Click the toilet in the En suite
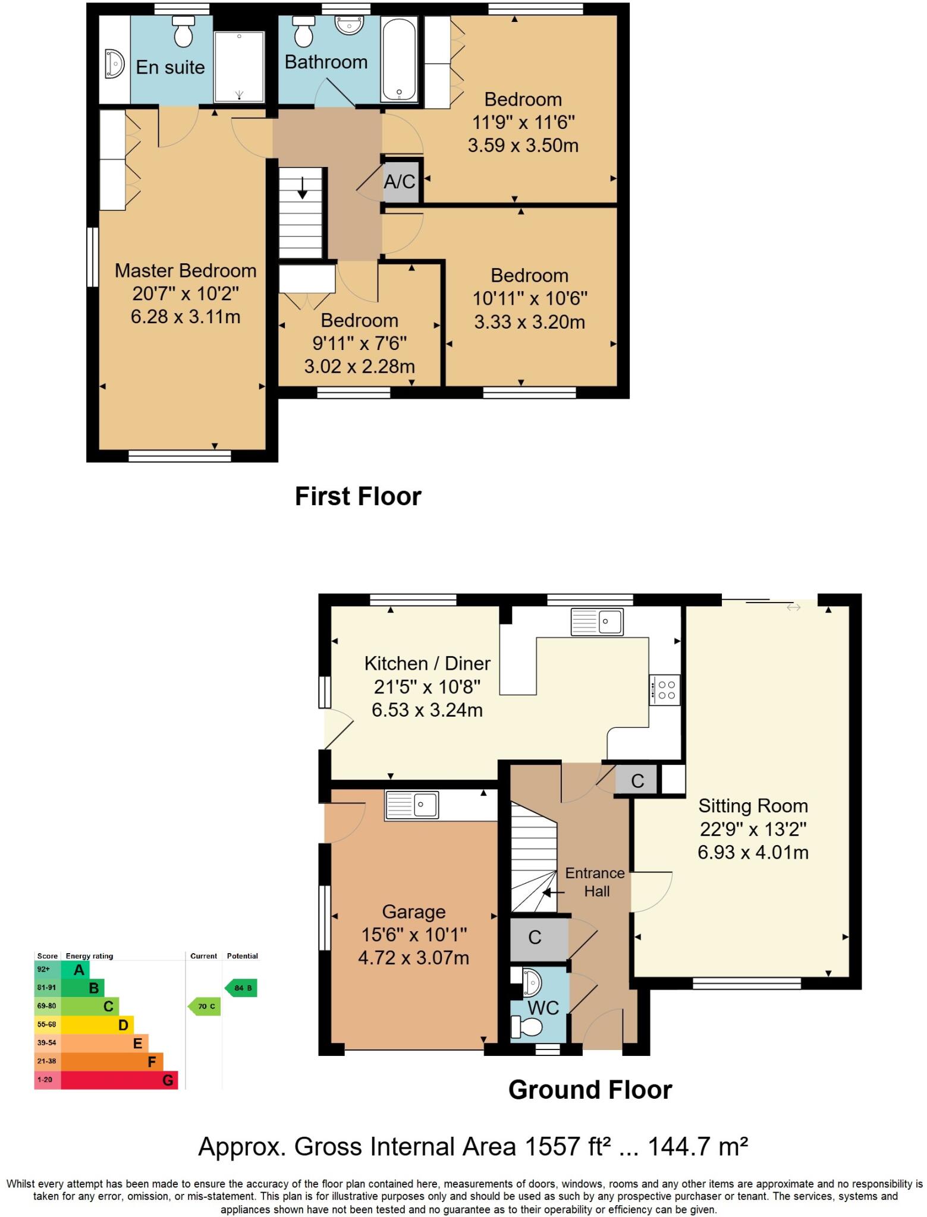183,32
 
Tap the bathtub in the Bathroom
400,59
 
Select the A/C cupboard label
400,181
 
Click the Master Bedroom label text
186,271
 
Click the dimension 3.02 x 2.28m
359,366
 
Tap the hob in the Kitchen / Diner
665,690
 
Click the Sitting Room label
753,806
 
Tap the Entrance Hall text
595,882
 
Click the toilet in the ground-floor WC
527,1026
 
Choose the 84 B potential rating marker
241,988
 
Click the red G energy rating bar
119,1080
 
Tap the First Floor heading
358,496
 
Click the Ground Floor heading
590,1090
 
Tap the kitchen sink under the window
597,622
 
